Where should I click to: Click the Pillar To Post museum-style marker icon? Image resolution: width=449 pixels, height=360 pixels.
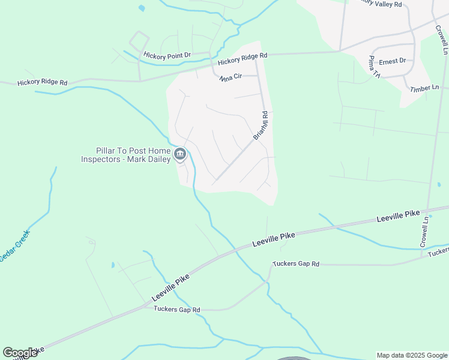pos(179,155)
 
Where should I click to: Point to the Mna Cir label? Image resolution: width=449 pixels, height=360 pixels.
pos(230,77)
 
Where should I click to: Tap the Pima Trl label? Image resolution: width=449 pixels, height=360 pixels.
pos(373,67)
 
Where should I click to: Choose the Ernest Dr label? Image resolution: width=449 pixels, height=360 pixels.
pos(393,61)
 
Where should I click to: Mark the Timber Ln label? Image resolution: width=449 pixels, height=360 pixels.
pos(424,88)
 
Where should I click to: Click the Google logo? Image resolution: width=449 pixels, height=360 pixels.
pos(20,353)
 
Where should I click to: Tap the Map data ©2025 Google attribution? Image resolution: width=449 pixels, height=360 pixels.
pos(411,355)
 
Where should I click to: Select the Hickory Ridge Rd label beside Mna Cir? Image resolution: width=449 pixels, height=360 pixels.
pos(243,59)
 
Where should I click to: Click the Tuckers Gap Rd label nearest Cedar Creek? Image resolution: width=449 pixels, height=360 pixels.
pos(176,310)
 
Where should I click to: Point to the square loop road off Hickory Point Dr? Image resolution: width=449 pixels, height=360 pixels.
pos(139,42)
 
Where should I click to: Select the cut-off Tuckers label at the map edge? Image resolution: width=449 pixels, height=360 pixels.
pos(438,252)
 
